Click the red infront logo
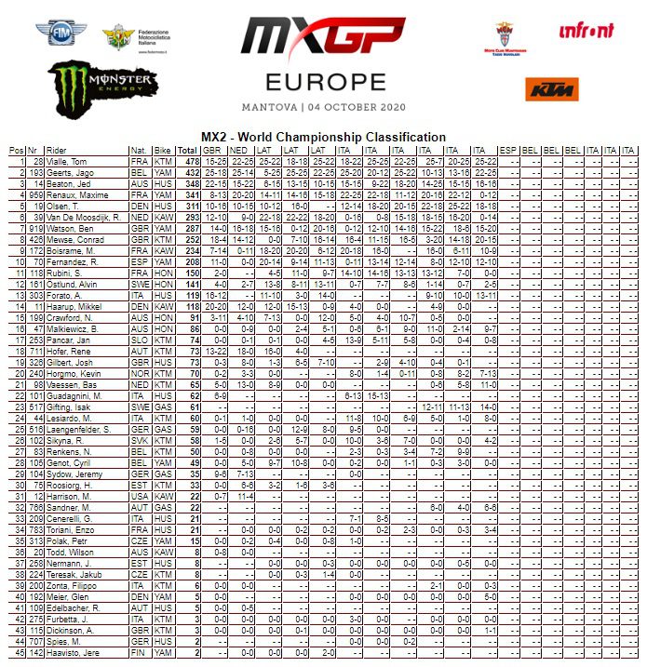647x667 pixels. [x=586, y=31]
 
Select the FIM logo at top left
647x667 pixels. [x=59, y=33]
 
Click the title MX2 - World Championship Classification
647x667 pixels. [x=324, y=138]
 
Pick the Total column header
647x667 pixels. [x=187, y=150]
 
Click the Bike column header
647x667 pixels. [x=163, y=150]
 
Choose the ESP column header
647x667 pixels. [x=508, y=150]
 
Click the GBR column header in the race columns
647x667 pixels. [x=212, y=150]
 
